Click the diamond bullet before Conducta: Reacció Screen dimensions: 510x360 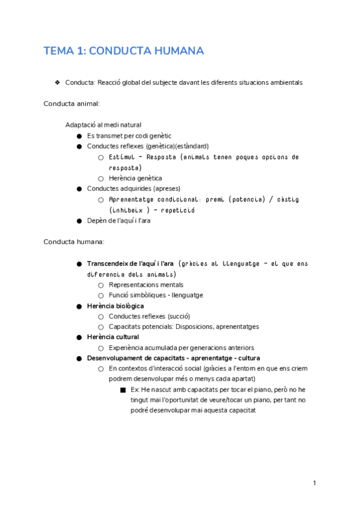(56, 82)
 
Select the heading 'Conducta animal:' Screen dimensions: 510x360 (72, 103)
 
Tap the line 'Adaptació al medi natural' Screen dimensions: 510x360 (103, 125)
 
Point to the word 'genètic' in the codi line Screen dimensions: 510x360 (159, 136)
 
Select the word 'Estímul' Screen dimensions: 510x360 (122, 157)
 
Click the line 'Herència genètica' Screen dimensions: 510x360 (135, 178)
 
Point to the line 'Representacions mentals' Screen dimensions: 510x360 (146, 284)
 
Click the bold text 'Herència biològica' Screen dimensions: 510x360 (115, 306)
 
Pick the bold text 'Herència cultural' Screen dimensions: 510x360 (113, 337)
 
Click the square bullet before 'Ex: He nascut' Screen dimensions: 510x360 (123, 390)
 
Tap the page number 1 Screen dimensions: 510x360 (314, 482)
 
